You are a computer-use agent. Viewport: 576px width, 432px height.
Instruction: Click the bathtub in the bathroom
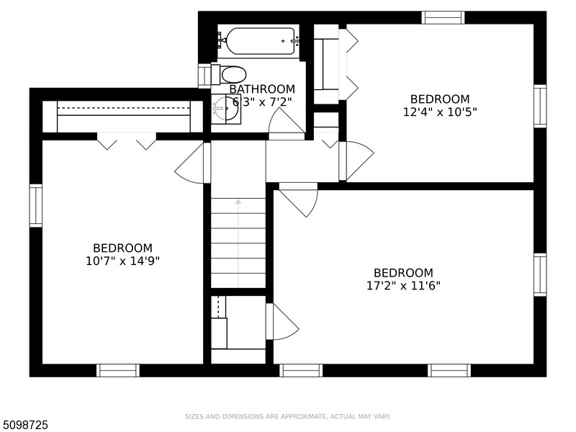point(260,41)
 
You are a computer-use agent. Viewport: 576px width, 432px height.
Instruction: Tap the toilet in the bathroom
point(229,74)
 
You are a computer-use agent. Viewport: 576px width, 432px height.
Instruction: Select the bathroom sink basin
point(225,109)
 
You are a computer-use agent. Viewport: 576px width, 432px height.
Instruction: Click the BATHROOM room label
point(262,89)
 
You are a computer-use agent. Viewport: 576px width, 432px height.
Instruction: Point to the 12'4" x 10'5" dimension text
point(440,112)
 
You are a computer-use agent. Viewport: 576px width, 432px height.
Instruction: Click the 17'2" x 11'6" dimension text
point(403,285)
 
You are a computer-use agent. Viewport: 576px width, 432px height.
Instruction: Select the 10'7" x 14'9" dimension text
point(122,261)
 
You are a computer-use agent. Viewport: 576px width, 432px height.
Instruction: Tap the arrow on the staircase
point(238,243)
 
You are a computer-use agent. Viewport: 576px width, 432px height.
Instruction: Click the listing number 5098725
point(24,425)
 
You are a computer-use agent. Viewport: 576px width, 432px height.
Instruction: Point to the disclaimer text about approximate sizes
point(287,417)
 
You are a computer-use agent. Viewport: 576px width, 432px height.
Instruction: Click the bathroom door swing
point(287,124)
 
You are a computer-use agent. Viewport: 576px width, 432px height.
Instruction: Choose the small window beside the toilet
point(204,76)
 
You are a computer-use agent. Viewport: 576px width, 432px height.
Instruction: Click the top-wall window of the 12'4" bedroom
point(443,17)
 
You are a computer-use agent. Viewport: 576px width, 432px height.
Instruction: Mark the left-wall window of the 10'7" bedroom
point(35,206)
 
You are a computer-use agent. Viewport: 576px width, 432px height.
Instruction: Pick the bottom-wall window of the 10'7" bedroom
point(118,370)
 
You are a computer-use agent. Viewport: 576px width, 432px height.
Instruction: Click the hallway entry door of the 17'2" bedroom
point(298,200)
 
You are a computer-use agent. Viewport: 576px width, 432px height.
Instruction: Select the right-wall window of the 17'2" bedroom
point(540,274)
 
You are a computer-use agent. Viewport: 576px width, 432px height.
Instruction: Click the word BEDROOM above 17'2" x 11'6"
point(403,273)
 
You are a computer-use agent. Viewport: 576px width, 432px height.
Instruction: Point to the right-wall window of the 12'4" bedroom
point(540,106)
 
